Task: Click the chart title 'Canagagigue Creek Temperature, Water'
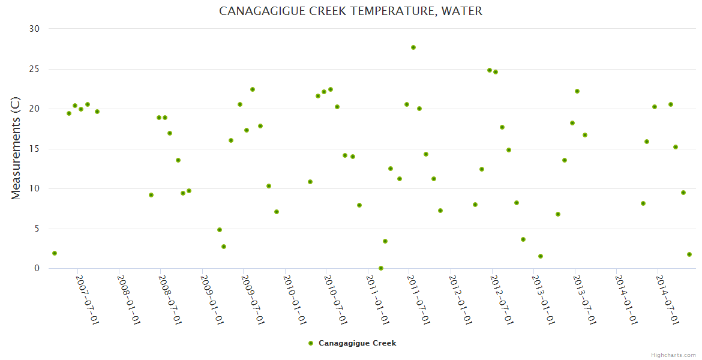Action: pyautogui.click(x=350, y=11)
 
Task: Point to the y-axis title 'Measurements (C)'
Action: pyautogui.click(x=16, y=149)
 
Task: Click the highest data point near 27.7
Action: pyautogui.click(x=413, y=47)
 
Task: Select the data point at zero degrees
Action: pyautogui.click(x=381, y=268)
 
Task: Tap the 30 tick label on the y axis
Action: pyautogui.click(x=34, y=29)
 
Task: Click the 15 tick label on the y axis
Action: pyautogui.click(x=34, y=149)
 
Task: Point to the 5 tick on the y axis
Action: pyautogui.click(x=37, y=229)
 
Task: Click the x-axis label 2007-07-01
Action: pyautogui.click(x=88, y=300)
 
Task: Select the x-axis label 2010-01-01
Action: pyautogui.click(x=295, y=300)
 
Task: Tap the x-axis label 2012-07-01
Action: pyautogui.click(x=502, y=300)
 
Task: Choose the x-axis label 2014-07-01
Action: pyautogui.click(x=667, y=300)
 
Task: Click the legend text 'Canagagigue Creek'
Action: pyautogui.click(x=357, y=343)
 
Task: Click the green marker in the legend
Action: pyautogui.click(x=311, y=343)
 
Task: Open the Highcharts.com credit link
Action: pyautogui.click(x=673, y=355)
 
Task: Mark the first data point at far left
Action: pyautogui.click(x=55, y=253)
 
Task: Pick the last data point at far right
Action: pyautogui.click(x=689, y=254)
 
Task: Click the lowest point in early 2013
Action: pyautogui.click(x=541, y=256)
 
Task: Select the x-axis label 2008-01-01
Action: pyautogui.click(x=129, y=300)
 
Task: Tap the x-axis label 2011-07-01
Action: pyautogui.click(x=419, y=300)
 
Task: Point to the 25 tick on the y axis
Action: pyautogui.click(x=34, y=69)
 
